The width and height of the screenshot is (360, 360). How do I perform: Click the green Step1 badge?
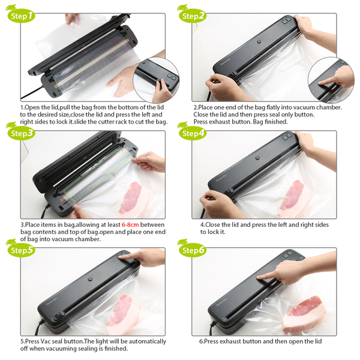(x=21, y=16)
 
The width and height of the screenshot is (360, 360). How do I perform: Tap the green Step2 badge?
(x=193, y=16)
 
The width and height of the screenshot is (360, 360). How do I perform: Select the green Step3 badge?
(x=21, y=133)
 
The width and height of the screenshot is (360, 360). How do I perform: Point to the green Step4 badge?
(x=193, y=133)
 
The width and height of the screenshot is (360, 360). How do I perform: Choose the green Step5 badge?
(x=21, y=250)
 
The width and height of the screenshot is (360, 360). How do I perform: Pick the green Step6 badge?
(x=193, y=250)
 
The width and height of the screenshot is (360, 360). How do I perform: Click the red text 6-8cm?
(x=130, y=224)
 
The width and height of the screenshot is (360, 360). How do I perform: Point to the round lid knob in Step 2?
(x=259, y=42)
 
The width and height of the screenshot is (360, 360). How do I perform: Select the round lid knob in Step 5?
(x=90, y=279)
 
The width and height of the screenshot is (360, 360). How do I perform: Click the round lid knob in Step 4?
(x=257, y=158)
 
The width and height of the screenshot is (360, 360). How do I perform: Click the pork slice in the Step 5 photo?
(x=123, y=314)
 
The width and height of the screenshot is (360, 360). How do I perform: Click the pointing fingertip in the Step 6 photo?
(x=259, y=278)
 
